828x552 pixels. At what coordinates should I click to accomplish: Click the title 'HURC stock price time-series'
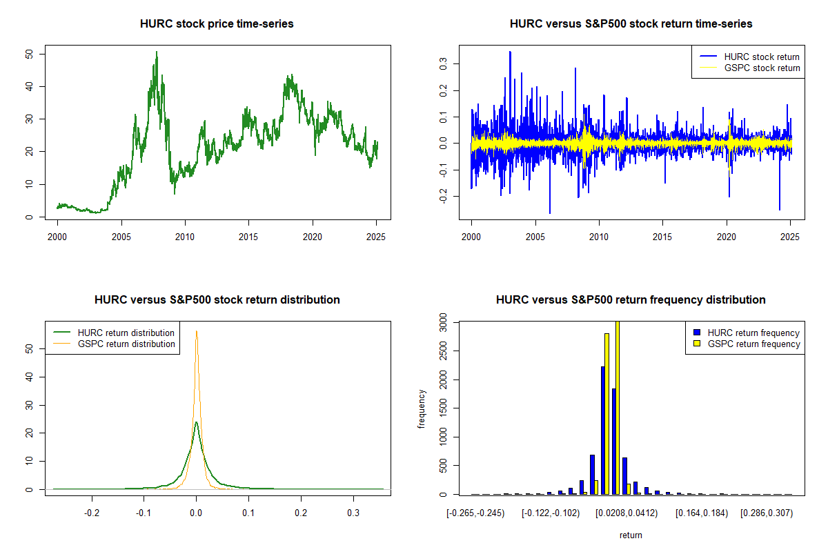tap(217, 24)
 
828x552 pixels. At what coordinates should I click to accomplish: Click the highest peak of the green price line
tap(157, 52)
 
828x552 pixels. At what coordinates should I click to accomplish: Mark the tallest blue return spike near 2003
tap(510, 52)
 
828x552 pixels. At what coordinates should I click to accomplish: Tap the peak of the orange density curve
tap(197, 331)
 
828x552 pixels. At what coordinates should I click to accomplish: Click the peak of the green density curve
tap(197, 422)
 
